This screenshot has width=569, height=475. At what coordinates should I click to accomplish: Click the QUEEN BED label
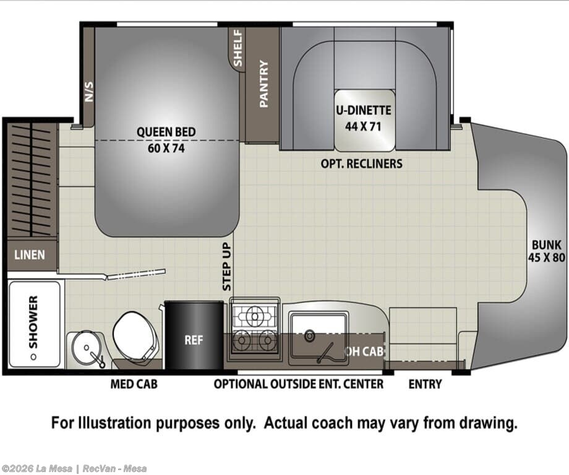166,131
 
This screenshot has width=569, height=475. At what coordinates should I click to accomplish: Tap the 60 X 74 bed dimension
166,148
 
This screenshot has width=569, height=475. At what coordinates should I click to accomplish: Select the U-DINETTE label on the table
363,110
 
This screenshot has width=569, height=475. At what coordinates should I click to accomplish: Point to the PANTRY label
264,84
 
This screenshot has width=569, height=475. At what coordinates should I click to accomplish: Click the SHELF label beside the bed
237,48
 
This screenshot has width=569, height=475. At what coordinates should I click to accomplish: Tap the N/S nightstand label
89,91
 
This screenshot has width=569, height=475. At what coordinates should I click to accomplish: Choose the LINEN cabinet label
30,255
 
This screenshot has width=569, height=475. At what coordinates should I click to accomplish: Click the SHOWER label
33,322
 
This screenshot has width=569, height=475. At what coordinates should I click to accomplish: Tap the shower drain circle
33,357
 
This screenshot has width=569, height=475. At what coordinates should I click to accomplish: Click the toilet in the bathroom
135,336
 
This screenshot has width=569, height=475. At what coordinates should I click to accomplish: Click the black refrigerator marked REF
194,335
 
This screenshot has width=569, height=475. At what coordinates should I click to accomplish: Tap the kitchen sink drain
309,336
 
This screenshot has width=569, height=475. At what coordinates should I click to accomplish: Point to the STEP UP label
226,267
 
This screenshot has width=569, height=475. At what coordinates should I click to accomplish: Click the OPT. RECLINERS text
361,164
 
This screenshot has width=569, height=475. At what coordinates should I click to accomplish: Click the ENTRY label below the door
425,384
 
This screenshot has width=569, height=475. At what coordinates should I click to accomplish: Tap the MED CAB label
134,384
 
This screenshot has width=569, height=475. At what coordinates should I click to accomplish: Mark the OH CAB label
364,351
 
